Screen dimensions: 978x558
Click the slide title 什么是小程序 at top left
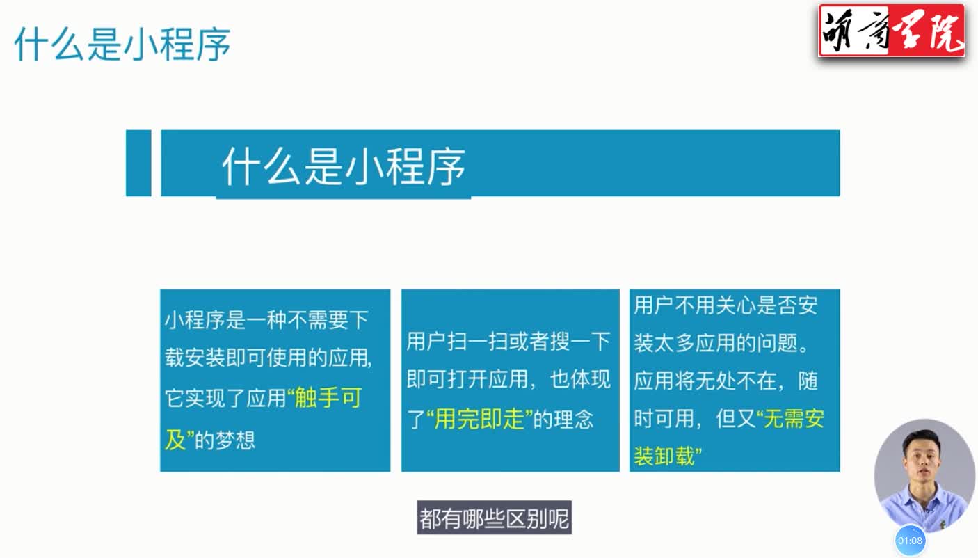point(122,44)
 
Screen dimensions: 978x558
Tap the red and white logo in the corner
point(892,31)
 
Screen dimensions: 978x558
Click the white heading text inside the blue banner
point(344,166)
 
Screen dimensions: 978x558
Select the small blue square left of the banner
point(138,163)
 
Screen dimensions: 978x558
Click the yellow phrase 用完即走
point(479,419)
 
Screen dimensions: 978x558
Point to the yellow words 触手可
point(328,398)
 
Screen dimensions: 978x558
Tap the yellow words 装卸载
point(664,456)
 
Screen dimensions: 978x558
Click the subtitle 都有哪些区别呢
point(495,518)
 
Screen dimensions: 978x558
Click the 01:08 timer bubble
point(910,541)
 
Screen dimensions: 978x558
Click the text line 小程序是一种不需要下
point(266,320)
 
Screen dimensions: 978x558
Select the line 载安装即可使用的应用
point(268,358)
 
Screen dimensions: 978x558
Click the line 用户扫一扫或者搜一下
point(508,341)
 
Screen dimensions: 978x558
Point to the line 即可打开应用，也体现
point(508,379)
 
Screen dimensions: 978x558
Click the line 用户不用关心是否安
point(726,305)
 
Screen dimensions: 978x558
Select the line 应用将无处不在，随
point(726,381)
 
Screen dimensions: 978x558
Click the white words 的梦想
point(225,440)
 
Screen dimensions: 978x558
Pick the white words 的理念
point(563,419)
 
